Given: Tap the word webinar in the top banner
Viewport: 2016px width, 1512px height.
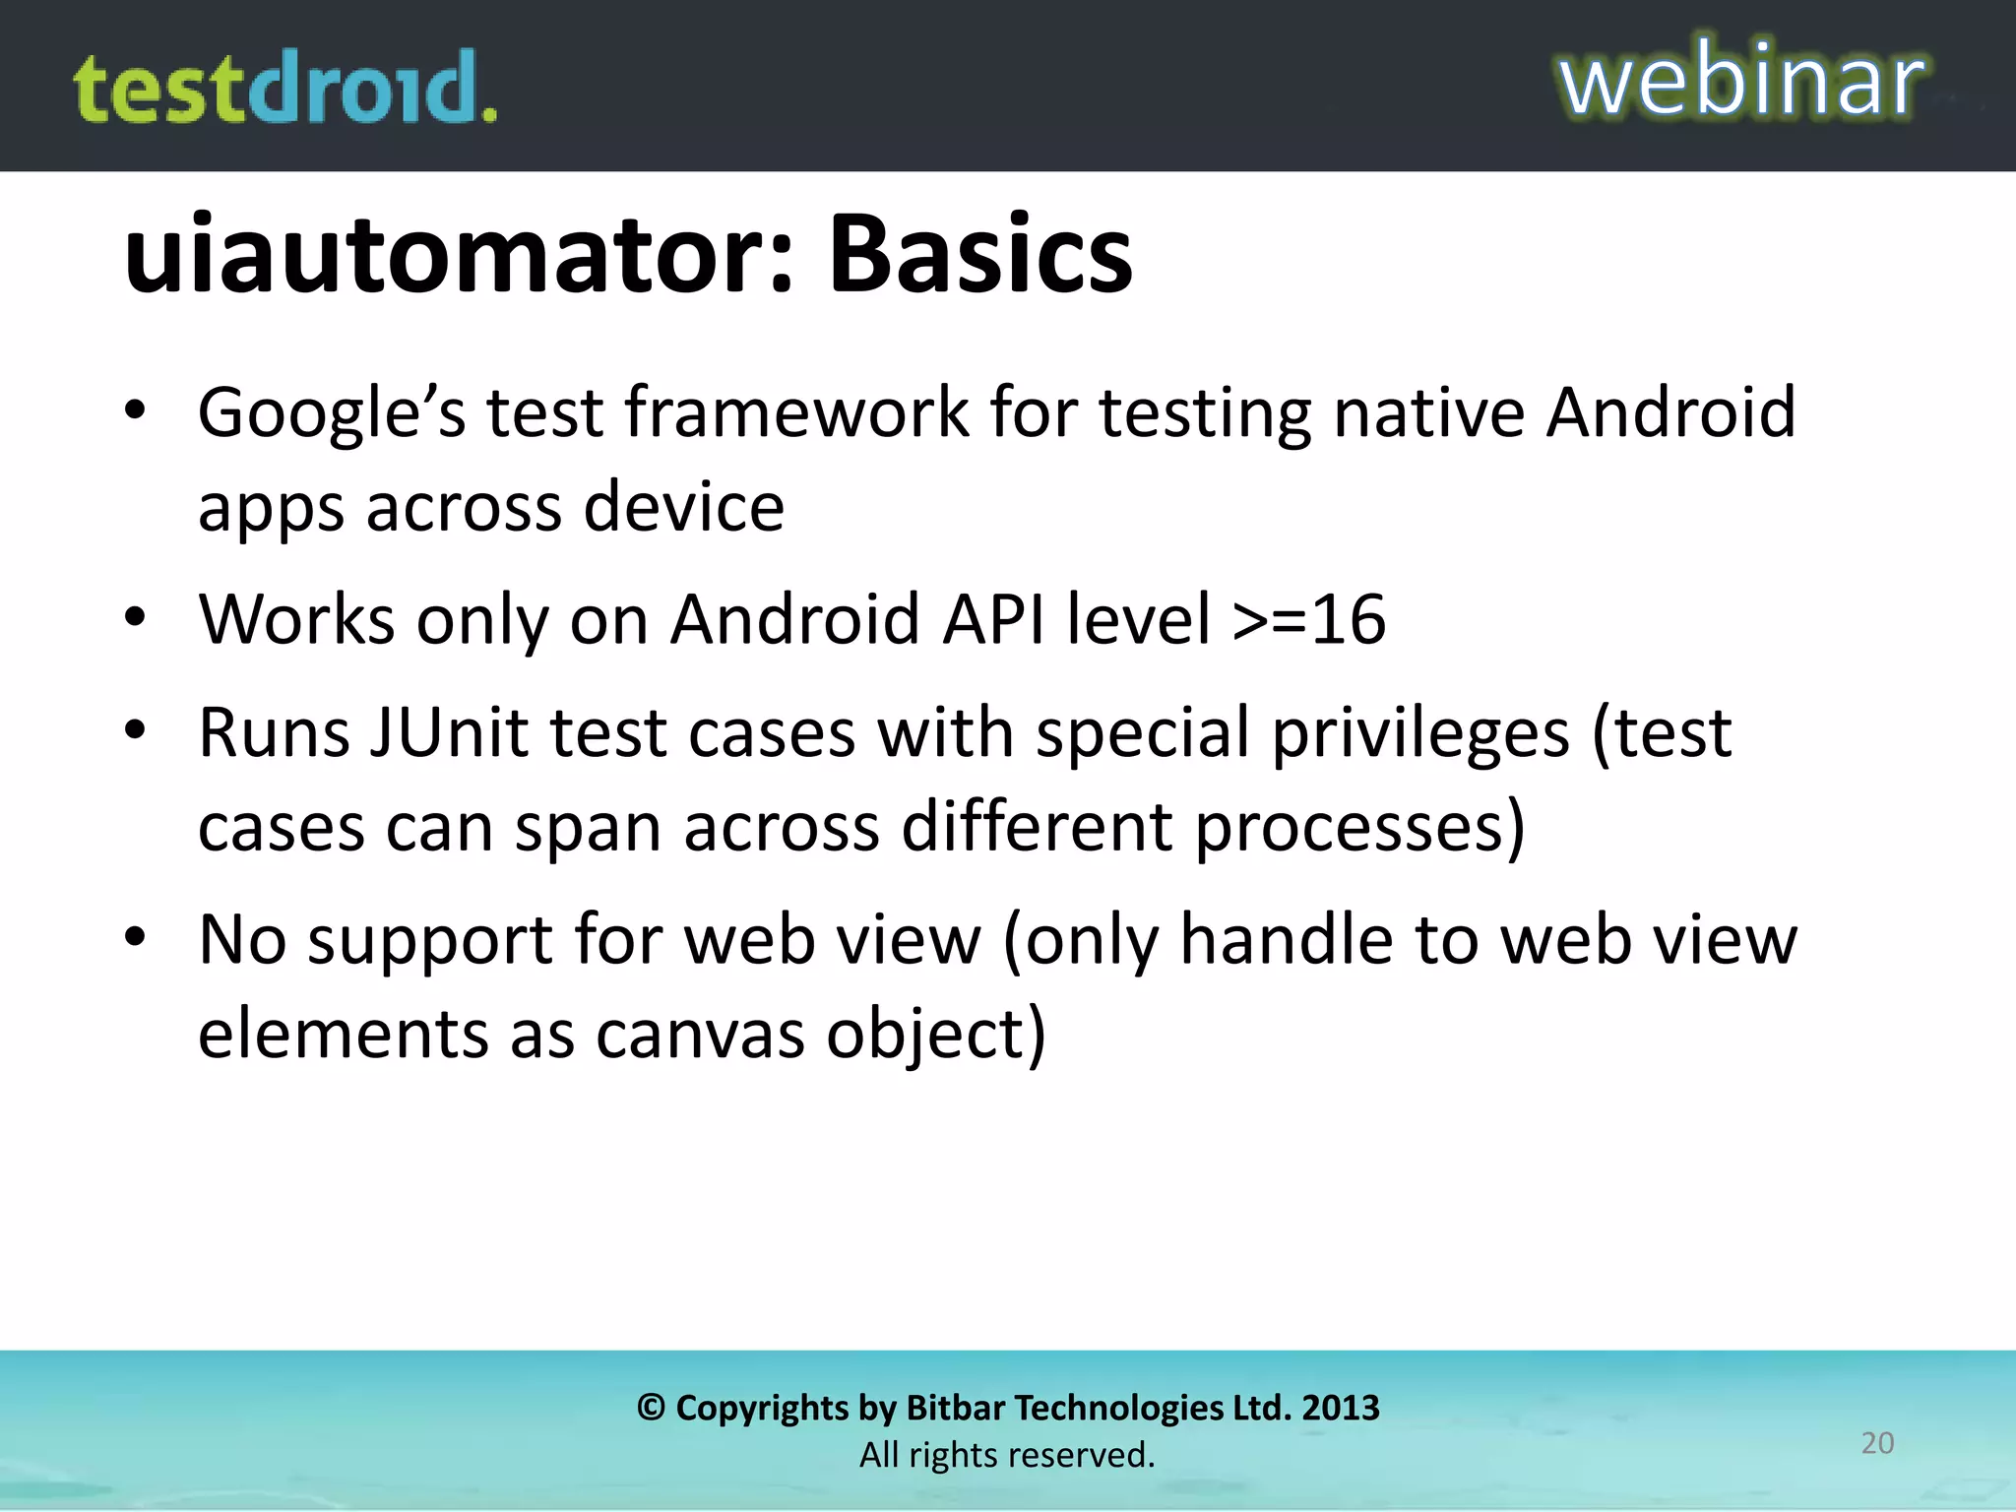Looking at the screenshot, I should click(x=1741, y=81).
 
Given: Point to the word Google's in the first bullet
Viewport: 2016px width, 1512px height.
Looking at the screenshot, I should click(x=332, y=412).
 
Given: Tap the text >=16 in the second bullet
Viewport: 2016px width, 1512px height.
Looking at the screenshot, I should click(x=1309, y=619).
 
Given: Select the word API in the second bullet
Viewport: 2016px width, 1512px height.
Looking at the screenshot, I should click(x=993, y=619).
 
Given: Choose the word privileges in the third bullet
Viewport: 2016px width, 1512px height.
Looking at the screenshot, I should click(x=1420, y=734).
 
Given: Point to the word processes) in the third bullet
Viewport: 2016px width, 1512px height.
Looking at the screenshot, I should click(x=1360, y=827).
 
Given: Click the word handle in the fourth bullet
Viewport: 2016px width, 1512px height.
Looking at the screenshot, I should click(x=1287, y=939).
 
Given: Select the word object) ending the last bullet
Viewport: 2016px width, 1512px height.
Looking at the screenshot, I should click(x=936, y=1037).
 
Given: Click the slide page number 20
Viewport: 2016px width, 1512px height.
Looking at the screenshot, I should click(x=1877, y=1443).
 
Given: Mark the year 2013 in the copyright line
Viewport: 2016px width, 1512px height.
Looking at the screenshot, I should click(x=1341, y=1408).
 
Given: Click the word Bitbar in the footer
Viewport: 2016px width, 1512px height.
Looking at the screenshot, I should click(x=954, y=1408).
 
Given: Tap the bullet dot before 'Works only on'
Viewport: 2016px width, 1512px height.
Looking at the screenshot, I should click(x=136, y=618).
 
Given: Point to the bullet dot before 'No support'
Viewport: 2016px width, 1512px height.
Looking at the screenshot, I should click(x=136, y=937).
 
